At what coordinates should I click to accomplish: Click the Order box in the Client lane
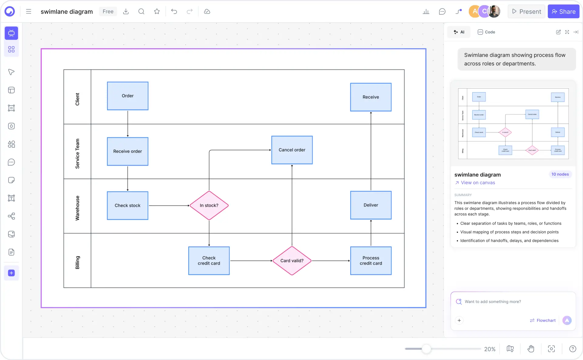(127, 96)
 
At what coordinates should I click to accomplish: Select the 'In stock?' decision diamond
(209, 205)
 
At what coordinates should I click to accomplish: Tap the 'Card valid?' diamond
(292, 261)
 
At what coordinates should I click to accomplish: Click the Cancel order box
(292, 150)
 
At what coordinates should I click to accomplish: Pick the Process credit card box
(371, 261)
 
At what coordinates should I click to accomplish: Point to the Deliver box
(371, 205)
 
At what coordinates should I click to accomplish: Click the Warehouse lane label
(77, 208)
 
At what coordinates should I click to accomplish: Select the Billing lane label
(77, 262)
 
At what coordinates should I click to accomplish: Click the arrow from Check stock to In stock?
(168, 206)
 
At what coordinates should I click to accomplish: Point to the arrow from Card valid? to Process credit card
(331, 261)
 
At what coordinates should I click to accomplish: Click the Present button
(527, 12)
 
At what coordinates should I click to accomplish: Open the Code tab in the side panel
(486, 32)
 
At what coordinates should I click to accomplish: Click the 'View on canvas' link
(478, 183)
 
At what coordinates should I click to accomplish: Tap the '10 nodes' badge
(560, 174)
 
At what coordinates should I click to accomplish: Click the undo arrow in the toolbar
(174, 12)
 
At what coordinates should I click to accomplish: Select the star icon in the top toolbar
(157, 12)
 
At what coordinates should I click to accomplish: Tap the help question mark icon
(572, 349)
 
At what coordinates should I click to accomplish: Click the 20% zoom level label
(490, 349)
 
